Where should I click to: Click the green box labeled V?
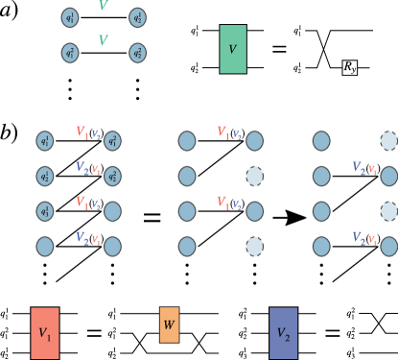click(233, 49)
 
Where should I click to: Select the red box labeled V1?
click(45, 333)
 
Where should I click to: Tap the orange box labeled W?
click(169, 324)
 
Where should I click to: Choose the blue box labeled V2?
click(283, 333)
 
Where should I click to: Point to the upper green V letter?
click(104, 7)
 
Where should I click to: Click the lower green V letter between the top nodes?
click(104, 40)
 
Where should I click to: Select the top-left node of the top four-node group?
click(69, 18)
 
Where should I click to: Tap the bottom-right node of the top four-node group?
click(137, 53)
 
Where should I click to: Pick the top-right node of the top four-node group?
click(137, 18)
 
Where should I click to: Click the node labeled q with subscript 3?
click(45, 211)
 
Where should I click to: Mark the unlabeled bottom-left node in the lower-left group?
click(45, 247)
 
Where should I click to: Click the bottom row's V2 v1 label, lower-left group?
click(88, 239)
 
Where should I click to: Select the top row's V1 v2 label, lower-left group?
click(88, 133)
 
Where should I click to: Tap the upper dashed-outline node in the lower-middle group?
click(254, 177)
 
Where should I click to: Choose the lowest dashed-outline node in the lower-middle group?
click(254, 247)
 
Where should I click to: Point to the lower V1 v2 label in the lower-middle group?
click(229, 204)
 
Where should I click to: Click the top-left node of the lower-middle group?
click(187, 141)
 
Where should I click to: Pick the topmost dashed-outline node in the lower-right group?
click(388, 141)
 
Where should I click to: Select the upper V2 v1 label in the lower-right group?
click(364, 169)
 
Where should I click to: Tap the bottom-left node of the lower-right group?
click(321, 247)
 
